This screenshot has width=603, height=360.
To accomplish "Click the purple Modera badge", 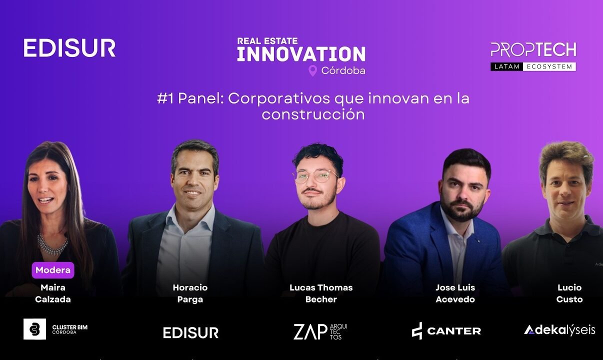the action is [x=53, y=270].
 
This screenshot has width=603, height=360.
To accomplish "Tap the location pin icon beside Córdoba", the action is [x=312, y=70].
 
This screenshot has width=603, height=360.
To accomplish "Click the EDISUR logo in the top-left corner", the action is [x=69, y=48].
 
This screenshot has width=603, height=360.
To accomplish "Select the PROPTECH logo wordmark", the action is [x=533, y=50].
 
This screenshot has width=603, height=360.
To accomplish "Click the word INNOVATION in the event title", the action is [x=301, y=54].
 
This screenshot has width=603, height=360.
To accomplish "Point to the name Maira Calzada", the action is [x=53, y=293].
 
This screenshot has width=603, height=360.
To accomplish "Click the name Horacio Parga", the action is [x=190, y=293].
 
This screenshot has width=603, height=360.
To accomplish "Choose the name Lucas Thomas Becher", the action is [x=321, y=293].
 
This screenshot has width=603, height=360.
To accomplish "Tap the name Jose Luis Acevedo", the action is [x=455, y=293].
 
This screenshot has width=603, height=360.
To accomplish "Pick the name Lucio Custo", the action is [x=569, y=293].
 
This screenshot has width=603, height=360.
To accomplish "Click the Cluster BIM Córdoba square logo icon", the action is [x=34, y=329].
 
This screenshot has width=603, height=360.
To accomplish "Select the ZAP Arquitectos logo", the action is [x=320, y=331].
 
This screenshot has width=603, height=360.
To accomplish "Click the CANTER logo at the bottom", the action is [x=446, y=331].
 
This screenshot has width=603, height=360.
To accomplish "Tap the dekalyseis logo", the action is [x=559, y=330].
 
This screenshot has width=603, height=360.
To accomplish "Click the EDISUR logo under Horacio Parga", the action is [x=191, y=332].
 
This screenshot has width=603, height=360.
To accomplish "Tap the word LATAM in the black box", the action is [x=507, y=66].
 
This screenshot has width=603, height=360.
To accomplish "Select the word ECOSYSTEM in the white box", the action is [x=549, y=66].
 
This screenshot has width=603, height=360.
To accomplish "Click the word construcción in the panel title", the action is [x=313, y=114].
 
